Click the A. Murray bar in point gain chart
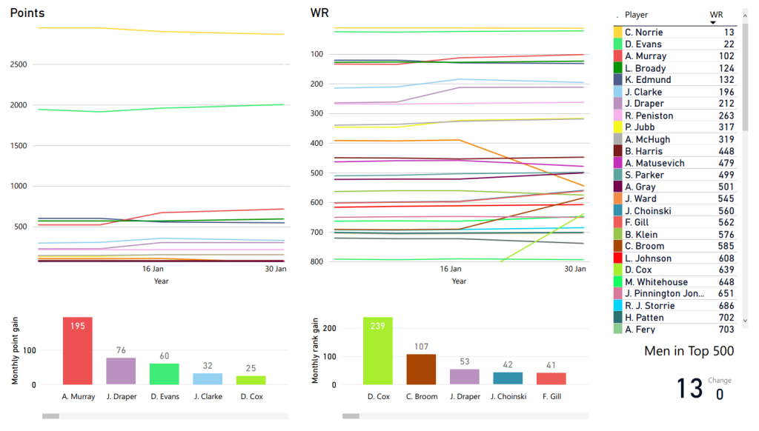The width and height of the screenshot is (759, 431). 78,351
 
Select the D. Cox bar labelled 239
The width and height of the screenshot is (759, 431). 378,351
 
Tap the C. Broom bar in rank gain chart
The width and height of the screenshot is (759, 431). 421,370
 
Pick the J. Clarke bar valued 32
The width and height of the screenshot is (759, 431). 208,378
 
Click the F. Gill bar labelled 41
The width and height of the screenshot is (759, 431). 551,378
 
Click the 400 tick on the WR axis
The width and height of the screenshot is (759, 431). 317,143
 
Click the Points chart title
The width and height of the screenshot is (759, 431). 27,13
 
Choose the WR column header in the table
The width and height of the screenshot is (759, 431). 716,15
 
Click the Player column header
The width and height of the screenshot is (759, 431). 636,15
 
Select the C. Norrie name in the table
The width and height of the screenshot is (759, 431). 643,33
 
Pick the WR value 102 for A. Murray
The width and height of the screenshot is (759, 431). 726,56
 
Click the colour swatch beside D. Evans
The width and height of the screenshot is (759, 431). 617,44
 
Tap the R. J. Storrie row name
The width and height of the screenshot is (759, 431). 649,306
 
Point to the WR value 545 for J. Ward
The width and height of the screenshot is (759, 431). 726,198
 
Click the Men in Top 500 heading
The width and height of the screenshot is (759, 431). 689,351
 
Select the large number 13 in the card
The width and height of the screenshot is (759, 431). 689,388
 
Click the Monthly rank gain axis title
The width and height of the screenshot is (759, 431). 315,351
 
